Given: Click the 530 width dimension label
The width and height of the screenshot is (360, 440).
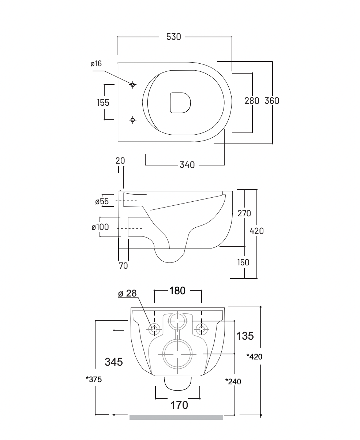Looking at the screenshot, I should [x=173, y=37].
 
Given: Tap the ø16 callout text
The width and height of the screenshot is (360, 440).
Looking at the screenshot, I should [x=96, y=64].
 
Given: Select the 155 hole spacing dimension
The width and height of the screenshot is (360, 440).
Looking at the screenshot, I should [x=103, y=102].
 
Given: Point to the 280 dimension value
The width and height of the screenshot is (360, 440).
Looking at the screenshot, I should [x=252, y=101].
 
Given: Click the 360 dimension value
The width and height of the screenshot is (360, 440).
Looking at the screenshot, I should [x=272, y=101].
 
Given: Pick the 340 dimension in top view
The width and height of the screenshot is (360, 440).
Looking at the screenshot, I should [x=187, y=165].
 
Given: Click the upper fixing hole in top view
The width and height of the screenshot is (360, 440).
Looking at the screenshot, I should [x=133, y=85].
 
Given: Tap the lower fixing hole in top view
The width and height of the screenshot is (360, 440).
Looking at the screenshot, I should [x=133, y=119].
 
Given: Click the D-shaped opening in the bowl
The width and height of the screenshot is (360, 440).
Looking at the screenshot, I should [x=180, y=102].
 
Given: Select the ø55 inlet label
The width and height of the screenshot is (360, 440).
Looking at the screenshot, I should [x=102, y=201].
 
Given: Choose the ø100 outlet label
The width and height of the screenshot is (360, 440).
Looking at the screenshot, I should [x=100, y=227].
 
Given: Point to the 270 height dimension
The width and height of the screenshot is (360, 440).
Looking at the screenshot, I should [x=244, y=213].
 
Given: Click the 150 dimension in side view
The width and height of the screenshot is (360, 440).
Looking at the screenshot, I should [x=243, y=262].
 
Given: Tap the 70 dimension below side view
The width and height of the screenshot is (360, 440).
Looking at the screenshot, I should [x=123, y=266].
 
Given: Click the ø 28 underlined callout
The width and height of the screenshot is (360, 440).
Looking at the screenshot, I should [x=127, y=294].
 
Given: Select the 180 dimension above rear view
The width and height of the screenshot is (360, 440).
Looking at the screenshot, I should [x=177, y=291].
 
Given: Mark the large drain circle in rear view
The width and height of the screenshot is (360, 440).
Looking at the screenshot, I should [x=177, y=354].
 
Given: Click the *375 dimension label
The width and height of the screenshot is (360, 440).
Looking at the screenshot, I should [x=94, y=379].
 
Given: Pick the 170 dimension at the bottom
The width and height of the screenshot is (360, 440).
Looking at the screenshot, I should [x=180, y=405].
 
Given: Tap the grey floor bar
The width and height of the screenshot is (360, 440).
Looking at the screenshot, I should [x=176, y=417].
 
